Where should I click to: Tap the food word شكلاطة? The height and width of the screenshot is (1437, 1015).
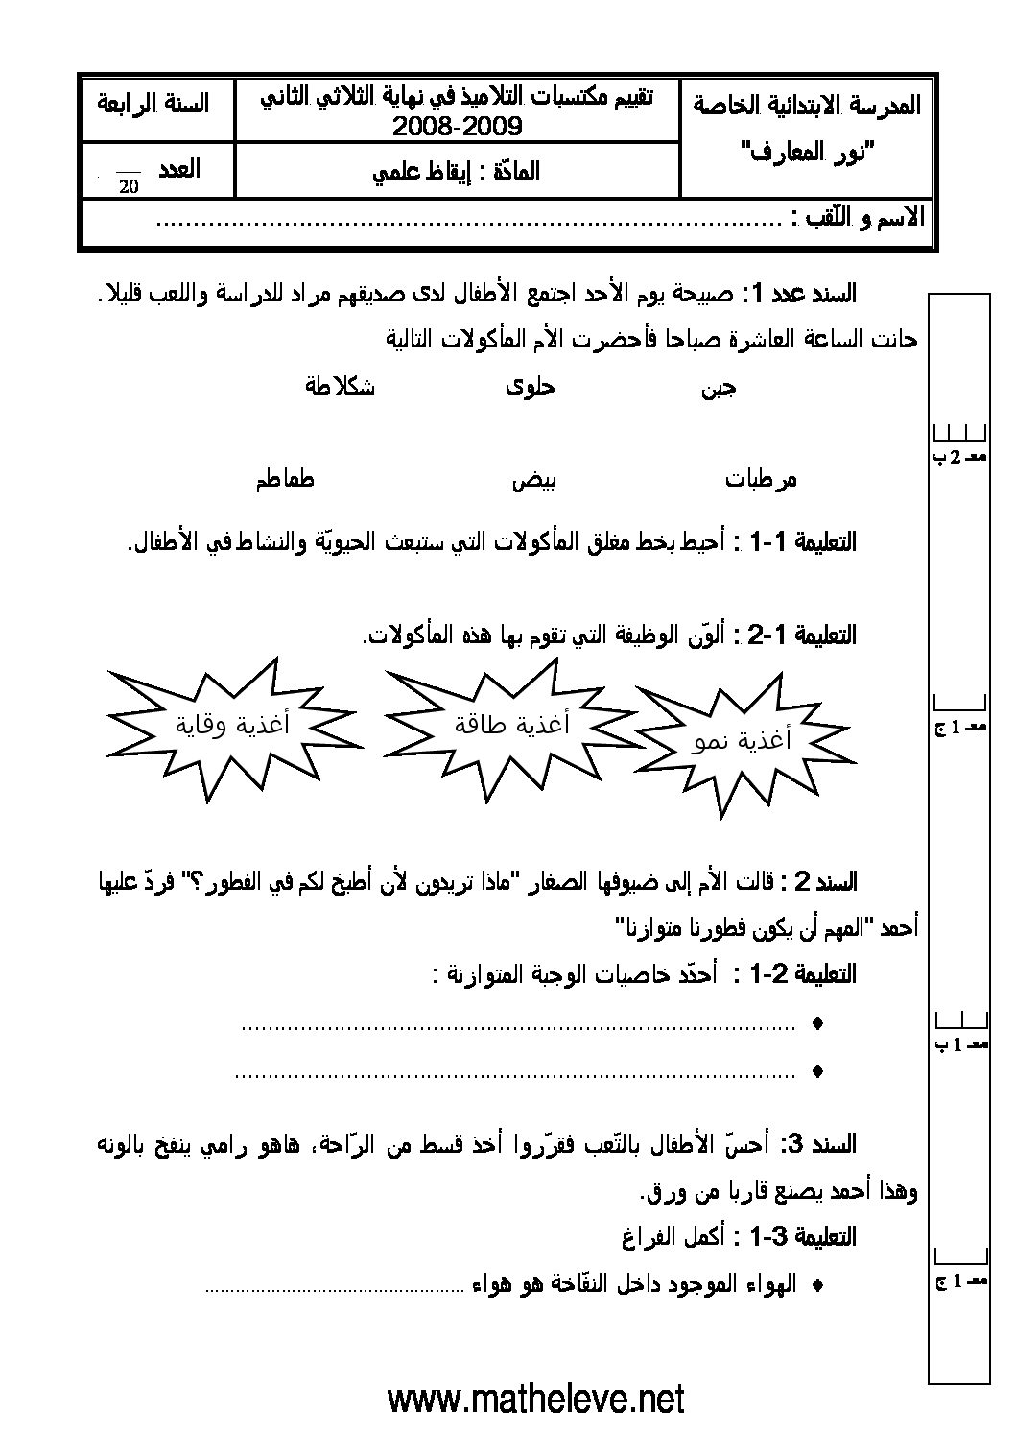point(339,387)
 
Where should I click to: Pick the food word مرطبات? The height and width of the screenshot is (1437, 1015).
point(761,479)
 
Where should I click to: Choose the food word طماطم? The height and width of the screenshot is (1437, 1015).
point(285,479)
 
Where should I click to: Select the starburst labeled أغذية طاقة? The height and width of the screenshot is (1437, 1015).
point(512,723)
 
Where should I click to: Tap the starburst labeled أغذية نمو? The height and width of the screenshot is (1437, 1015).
point(743,740)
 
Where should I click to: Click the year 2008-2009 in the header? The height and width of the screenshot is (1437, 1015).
point(457,126)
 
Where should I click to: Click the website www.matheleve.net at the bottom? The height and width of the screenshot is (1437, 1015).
point(536,1399)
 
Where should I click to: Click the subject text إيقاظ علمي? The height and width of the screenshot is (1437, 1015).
point(457,172)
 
